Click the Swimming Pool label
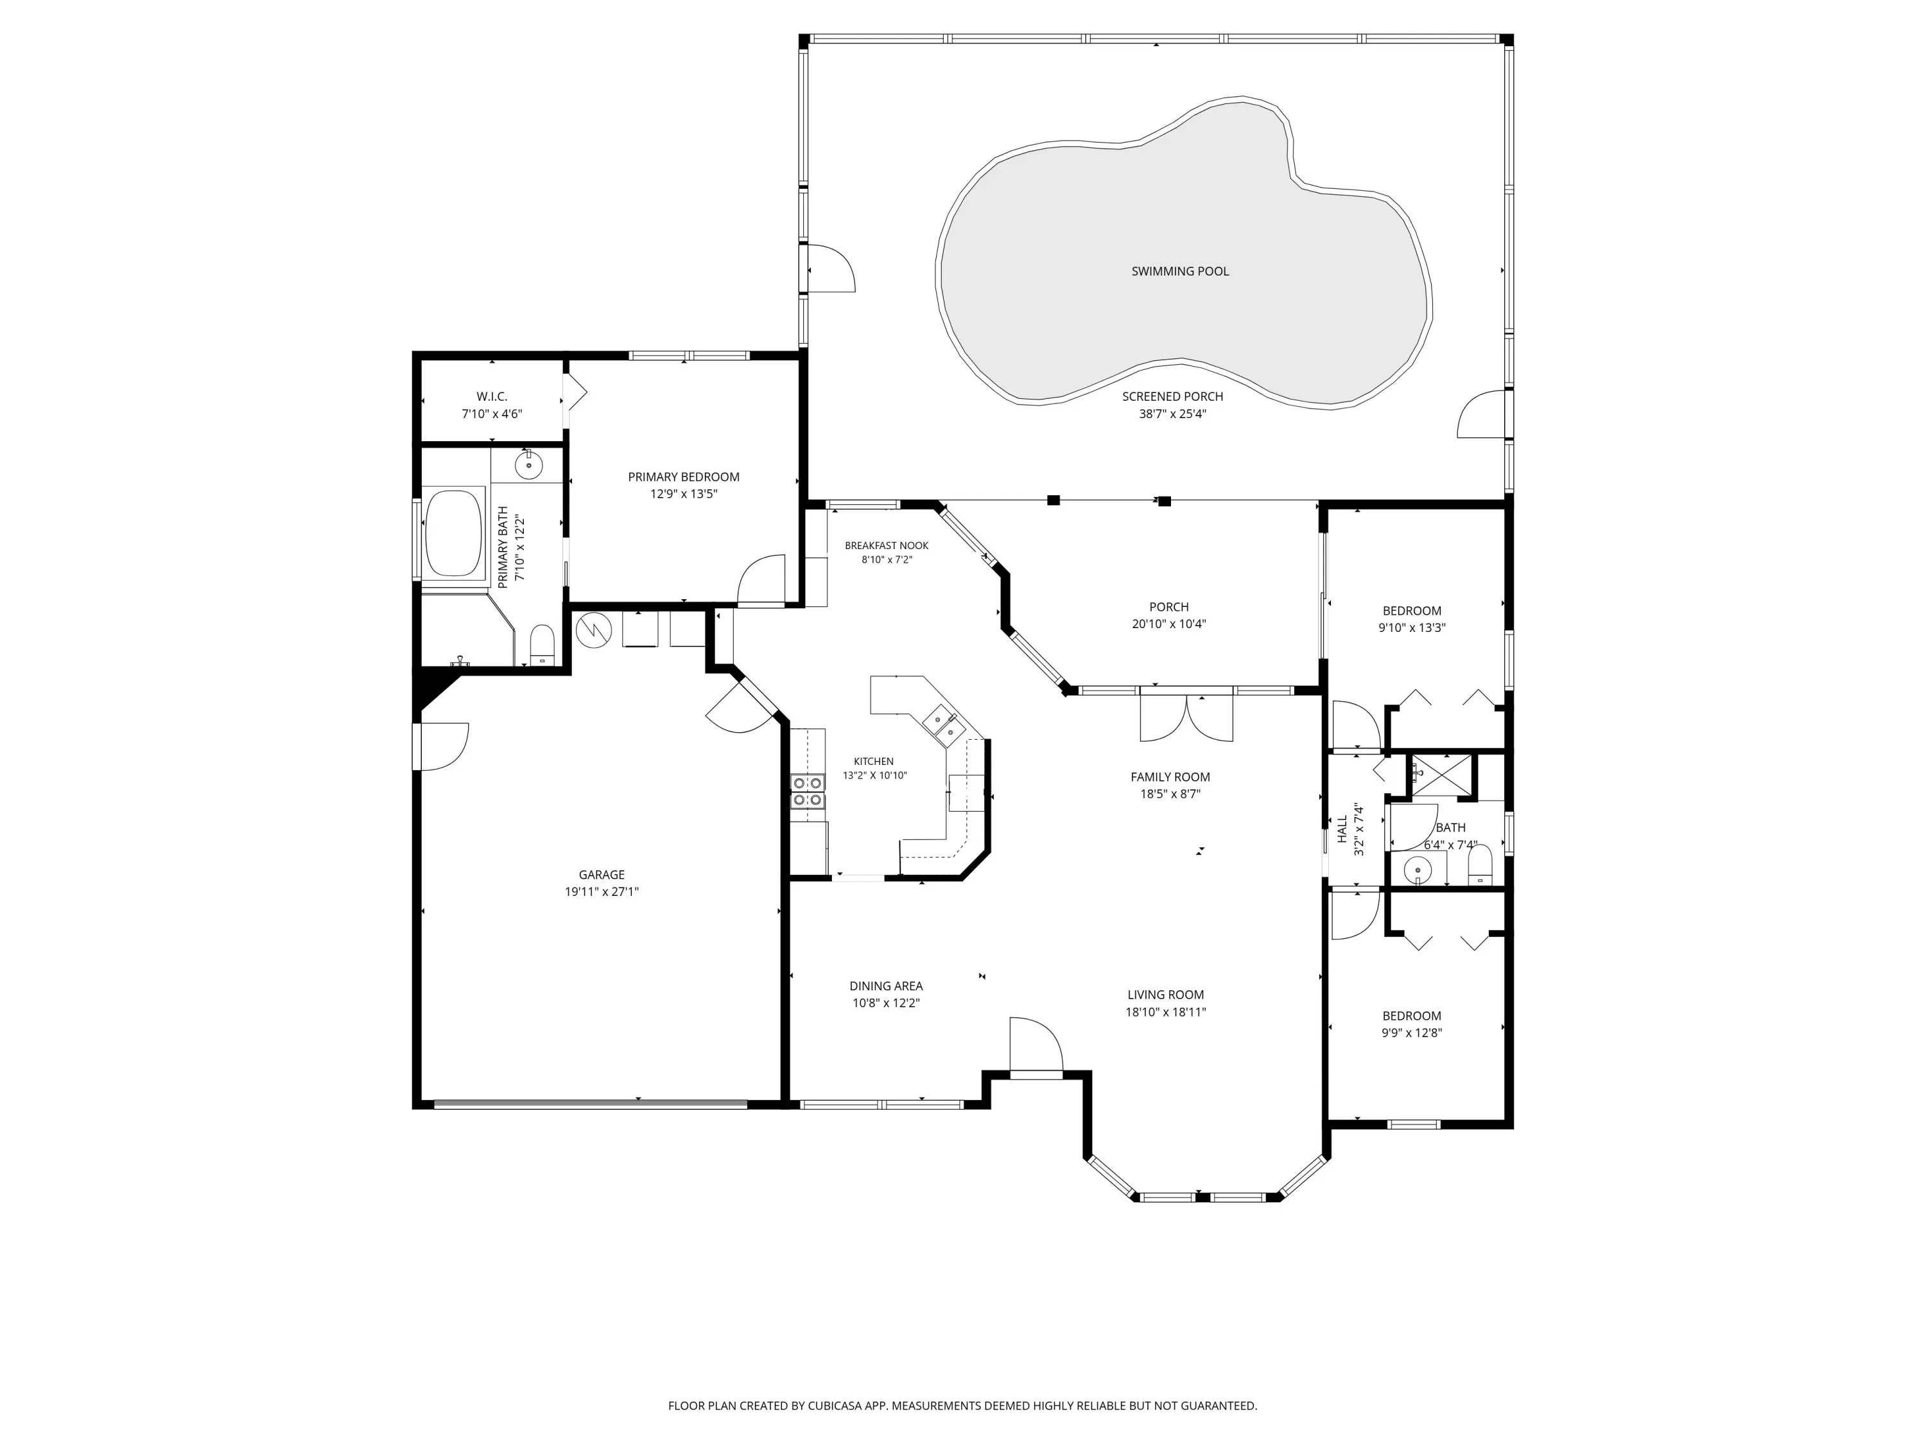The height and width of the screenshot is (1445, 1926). [x=1180, y=271]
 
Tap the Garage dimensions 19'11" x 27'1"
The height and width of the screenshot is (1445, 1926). [x=602, y=892]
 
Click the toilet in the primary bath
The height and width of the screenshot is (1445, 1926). [x=542, y=644]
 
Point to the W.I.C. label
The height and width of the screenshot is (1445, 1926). [x=492, y=396]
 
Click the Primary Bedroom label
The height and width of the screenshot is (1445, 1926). [x=684, y=477]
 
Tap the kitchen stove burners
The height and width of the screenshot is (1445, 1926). [x=808, y=791]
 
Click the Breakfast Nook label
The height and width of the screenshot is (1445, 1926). [x=887, y=545]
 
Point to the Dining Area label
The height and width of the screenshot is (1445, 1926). [x=887, y=986]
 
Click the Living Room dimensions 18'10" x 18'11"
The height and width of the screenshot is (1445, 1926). [x=1166, y=1012]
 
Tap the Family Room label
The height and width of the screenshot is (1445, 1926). [x=1170, y=777]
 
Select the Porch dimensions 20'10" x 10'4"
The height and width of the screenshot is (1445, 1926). [x=1169, y=624]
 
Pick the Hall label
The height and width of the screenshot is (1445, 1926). [x=1342, y=828]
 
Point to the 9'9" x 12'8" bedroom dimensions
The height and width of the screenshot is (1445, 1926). [x=1411, y=1033]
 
